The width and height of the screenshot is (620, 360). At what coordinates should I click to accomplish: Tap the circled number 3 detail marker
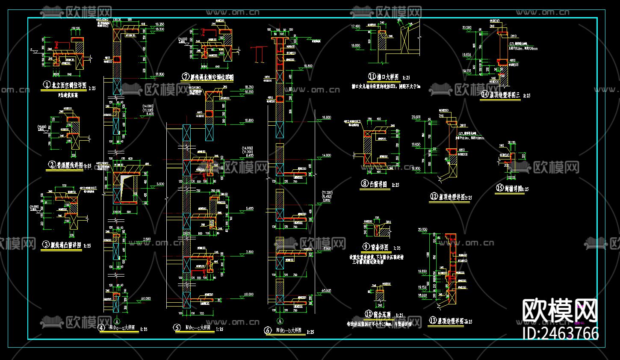pos(46,245)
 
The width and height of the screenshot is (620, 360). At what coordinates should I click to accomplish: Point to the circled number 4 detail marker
pos(101,328)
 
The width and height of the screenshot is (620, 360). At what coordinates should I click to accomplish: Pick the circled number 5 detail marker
pos(177,328)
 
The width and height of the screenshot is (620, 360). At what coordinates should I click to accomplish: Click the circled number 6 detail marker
pos(268,330)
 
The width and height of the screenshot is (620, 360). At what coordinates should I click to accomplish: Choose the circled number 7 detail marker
pos(186,77)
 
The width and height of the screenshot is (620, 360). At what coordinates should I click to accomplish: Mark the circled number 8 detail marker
pos(364,184)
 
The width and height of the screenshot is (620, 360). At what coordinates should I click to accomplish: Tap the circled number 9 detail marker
pos(366,247)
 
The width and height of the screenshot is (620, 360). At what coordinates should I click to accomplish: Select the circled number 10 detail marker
pos(368,314)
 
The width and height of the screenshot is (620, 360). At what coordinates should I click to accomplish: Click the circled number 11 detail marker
pos(372,77)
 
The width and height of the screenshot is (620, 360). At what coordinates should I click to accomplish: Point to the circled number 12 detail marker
pos(434,196)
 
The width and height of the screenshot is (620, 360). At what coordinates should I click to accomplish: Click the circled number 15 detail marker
pos(500,188)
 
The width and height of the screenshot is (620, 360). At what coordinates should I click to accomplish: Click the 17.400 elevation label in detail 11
pos(355,27)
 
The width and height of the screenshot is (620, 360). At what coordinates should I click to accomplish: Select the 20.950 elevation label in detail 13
pos(422,230)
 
